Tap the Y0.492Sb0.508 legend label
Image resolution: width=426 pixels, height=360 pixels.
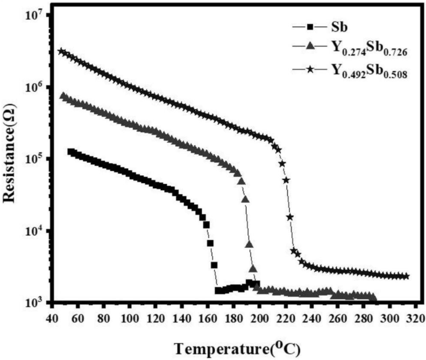pyautogui.click(x=364, y=70)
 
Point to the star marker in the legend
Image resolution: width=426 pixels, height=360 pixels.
pyautogui.click(x=308, y=68)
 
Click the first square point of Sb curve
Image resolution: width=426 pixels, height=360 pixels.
pyautogui.click(x=70, y=152)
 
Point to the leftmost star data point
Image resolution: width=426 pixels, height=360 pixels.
pyautogui.click(x=61, y=52)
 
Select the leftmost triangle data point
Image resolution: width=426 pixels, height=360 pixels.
pyautogui.click(x=63, y=96)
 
